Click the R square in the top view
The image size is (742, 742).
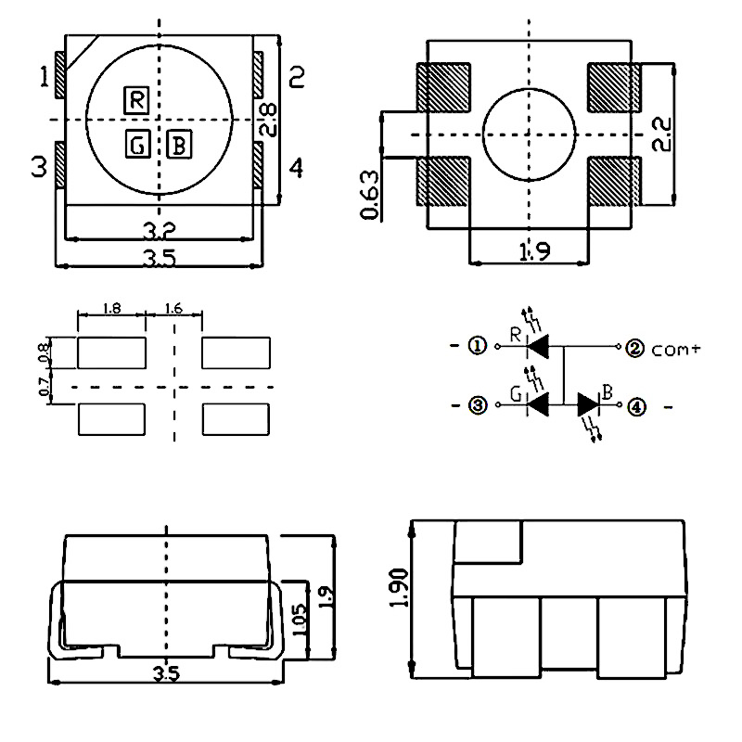[x=135, y=99]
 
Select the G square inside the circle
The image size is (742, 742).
[x=135, y=145]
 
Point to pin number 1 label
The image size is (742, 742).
[x=44, y=78]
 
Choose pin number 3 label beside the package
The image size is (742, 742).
[x=38, y=168]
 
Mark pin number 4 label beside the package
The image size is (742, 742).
[x=296, y=168]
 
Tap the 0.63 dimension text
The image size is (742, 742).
[x=369, y=195]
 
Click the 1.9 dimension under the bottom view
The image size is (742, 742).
[x=530, y=250]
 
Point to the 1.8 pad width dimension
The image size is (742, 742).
[x=111, y=309]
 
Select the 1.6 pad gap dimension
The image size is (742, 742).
[x=173, y=309]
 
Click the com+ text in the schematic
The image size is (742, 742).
[x=675, y=350]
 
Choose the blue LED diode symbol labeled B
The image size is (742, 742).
[x=590, y=405]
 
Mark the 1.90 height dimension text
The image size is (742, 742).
[x=399, y=590]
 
